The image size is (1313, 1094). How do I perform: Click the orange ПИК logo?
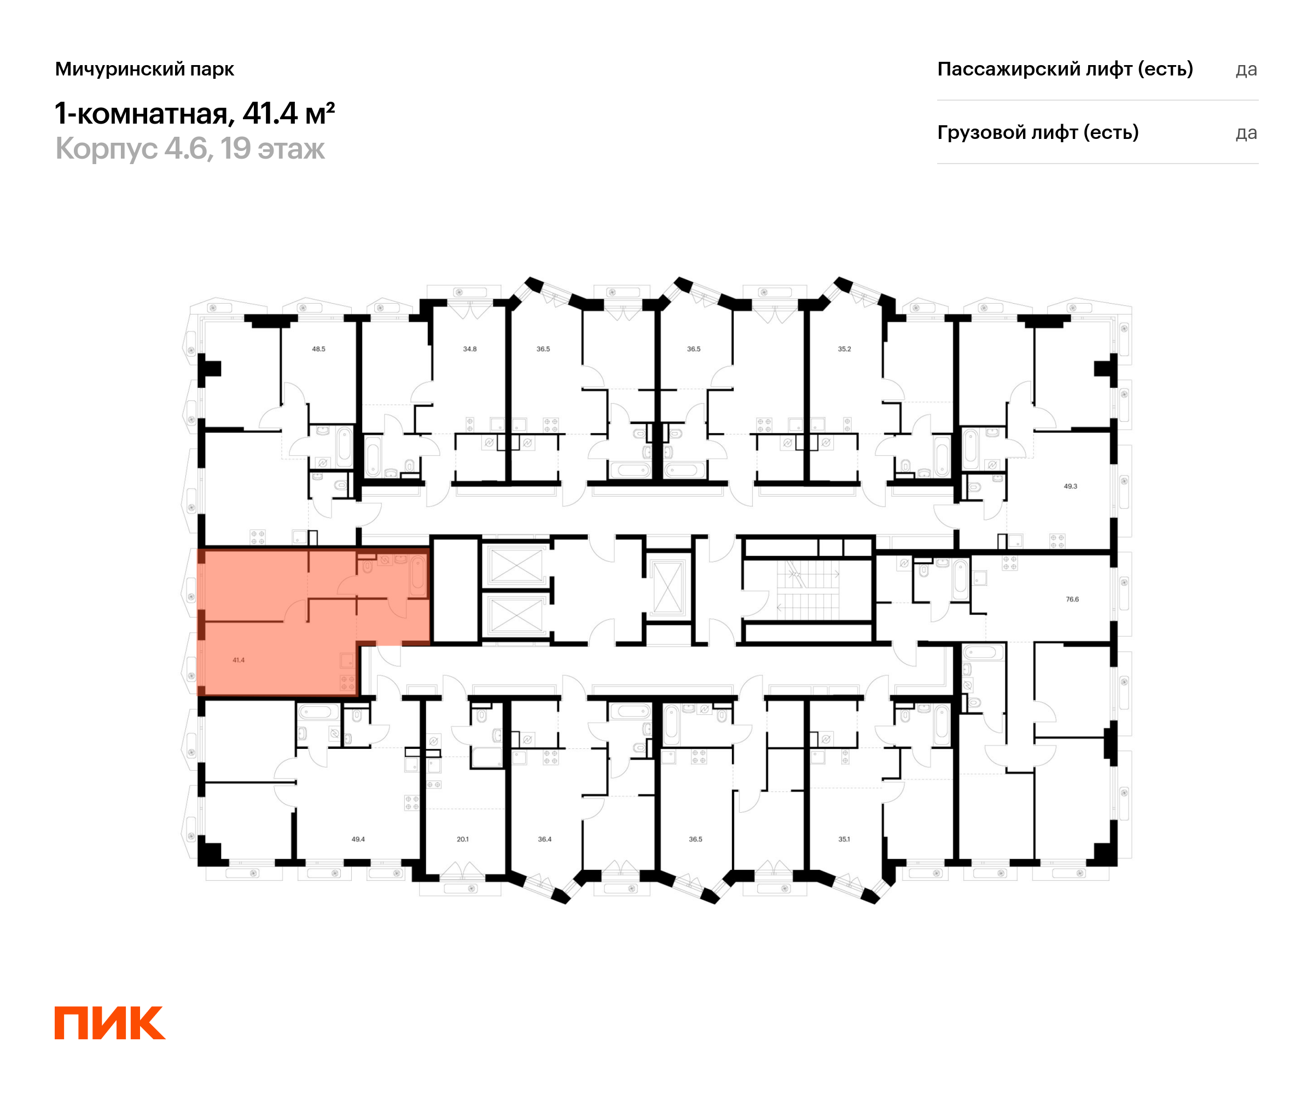click(x=110, y=1023)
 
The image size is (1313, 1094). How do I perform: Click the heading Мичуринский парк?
click(x=144, y=69)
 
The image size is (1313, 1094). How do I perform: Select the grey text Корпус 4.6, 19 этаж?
click(x=190, y=149)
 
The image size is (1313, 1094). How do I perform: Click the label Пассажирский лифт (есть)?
click(x=1065, y=69)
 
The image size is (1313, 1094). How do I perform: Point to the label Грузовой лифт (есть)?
click(x=1037, y=132)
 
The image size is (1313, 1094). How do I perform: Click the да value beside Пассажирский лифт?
click(x=1246, y=69)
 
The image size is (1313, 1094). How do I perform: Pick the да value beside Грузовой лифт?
click(x=1246, y=133)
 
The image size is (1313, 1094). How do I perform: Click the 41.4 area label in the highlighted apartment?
click(x=238, y=660)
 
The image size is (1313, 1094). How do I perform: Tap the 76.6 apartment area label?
click(x=1072, y=599)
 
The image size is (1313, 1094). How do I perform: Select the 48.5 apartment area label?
click(x=318, y=349)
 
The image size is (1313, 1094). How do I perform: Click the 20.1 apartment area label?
click(x=463, y=839)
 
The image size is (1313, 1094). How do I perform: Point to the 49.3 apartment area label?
click(x=1071, y=486)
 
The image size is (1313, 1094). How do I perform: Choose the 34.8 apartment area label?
click(x=469, y=349)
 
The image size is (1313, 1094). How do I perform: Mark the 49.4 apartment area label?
click(x=358, y=839)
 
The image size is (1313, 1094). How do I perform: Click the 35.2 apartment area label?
click(x=844, y=349)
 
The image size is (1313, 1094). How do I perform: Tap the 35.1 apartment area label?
click(x=844, y=839)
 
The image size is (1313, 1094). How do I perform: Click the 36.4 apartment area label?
click(x=544, y=839)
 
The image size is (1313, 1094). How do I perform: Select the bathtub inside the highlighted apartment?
click(x=417, y=575)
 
